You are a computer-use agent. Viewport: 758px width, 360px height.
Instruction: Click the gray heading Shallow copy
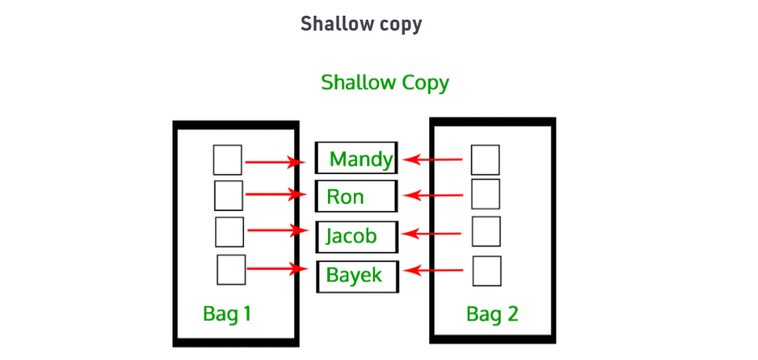[x=361, y=24]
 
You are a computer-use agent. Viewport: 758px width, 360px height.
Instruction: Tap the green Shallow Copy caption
[x=384, y=82]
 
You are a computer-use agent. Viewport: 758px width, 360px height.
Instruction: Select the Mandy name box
[x=357, y=158]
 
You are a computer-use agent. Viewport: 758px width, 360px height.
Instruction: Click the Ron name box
[x=357, y=196]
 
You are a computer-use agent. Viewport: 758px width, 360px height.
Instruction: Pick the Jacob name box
[x=357, y=235]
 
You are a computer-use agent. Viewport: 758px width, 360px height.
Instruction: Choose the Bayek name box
[x=357, y=275]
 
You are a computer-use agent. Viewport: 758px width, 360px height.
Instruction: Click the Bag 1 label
[x=227, y=315]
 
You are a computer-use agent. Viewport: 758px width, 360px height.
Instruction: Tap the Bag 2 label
[x=492, y=315]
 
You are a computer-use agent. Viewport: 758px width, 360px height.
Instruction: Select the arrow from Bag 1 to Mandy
[x=275, y=162]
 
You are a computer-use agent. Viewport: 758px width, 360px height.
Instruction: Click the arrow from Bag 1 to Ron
[x=275, y=195]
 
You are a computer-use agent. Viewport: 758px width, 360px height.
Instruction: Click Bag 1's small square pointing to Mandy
[x=228, y=160]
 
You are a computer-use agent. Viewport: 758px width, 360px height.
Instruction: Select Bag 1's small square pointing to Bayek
[x=231, y=270]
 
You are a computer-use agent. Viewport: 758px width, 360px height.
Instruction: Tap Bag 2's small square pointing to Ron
[x=486, y=194]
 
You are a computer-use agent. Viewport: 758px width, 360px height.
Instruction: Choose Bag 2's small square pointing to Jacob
[x=487, y=231]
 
